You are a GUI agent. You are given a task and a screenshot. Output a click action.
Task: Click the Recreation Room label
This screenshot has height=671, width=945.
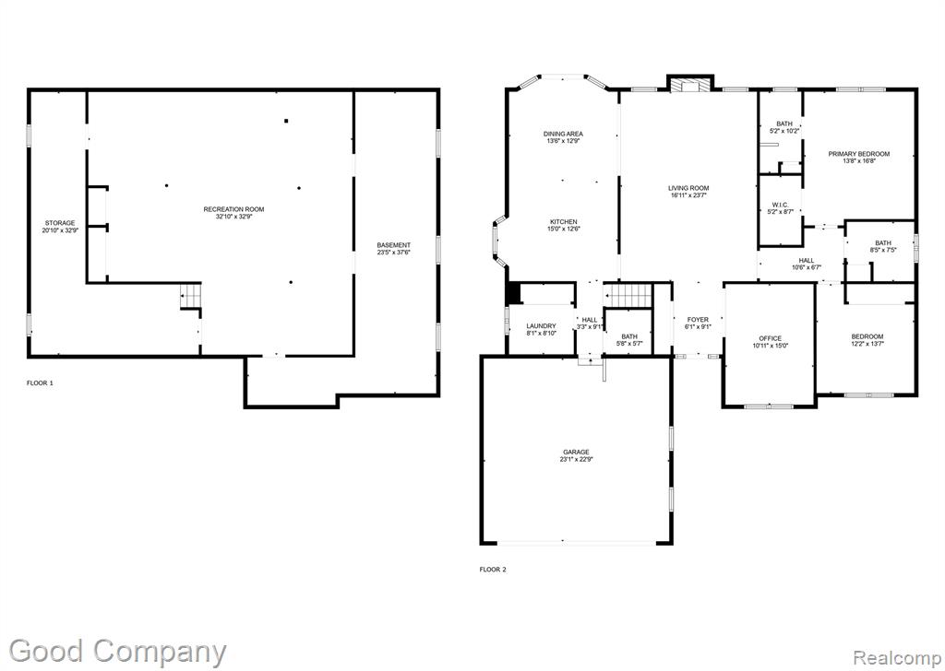pyautogui.click(x=233, y=209)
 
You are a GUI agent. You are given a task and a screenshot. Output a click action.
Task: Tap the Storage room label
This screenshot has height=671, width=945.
pyautogui.click(x=60, y=223)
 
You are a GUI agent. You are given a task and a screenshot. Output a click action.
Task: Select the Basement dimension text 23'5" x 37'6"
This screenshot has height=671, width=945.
pyautogui.click(x=393, y=253)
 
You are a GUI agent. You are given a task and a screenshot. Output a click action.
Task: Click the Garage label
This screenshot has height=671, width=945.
pyautogui.click(x=576, y=452)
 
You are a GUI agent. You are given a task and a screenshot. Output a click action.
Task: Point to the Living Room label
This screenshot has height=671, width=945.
pyautogui.click(x=688, y=188)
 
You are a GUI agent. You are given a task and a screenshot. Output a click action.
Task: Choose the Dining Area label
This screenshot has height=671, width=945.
pyautogui.click(x=564, y=134)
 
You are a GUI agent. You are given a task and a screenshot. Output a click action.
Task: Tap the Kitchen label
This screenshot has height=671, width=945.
pyautogui.click(x=564, y=221)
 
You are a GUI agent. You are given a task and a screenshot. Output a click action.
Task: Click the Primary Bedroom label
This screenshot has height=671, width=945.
pyautogui.click(x=859, y=154)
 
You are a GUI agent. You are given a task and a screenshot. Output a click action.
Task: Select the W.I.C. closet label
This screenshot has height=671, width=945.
pyautogui.click(x=780, y=205)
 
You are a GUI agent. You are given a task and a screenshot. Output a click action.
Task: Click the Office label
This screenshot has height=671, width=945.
pyautogui.click(x=771, y=338)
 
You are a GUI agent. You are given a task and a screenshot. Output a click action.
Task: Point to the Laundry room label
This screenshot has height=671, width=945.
pyautogui.click(x=541, y=325)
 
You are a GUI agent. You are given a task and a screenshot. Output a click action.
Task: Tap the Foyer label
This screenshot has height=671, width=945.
pyautogui.click(x=698, y=320)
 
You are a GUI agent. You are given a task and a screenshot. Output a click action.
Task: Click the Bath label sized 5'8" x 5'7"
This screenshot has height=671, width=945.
pyautogui.click(x=629, y=336)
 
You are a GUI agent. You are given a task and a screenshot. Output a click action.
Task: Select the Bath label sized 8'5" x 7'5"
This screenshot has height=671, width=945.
pyautogui.click(x=883, y=242)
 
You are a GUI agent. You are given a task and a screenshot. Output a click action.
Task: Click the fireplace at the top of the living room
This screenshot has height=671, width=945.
pyautogui.click(x=689, y=86)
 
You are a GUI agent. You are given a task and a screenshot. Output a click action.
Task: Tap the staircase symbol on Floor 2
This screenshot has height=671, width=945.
pyautogui.click(x=628, y=296)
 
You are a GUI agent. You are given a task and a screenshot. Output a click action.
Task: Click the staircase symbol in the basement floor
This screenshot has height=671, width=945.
pyautogui.click(x=190, y=296)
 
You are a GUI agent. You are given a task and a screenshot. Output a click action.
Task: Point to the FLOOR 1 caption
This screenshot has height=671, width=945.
pyautogui.click(x=40, y=383)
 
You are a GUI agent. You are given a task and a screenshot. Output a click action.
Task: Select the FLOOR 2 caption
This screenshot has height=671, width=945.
pyautogui.click(x=493, y=570)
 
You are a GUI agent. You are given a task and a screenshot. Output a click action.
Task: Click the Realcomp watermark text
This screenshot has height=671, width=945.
pyautogui.click(x=895, y=656)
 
